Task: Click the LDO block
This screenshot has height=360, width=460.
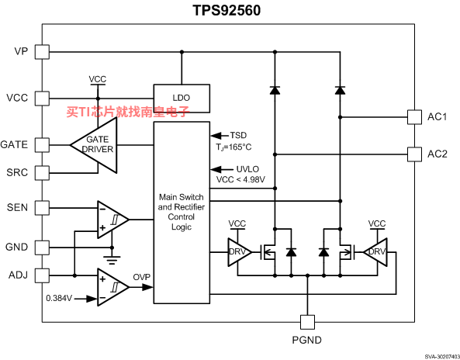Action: (x=182, y=99)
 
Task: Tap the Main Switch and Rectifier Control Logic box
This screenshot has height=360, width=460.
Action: (x=182, y=213)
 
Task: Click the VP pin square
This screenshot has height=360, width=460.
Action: (x=42, y=52)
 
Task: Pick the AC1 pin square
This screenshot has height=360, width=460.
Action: (x=414, y=117)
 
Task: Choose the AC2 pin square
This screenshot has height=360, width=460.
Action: (x=414, y=154)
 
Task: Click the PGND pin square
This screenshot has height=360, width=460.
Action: (x=307, y=322)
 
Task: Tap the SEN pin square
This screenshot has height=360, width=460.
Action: (x=42, y=208)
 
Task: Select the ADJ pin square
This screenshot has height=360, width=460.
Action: (x=42, y=275)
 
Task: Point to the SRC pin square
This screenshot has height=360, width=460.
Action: (x=42, y=173)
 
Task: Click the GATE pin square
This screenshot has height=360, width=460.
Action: (x=42, y=145)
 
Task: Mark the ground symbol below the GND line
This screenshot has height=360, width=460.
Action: (x=112, y=260)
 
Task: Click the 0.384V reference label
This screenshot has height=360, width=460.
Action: (x=59, y=298)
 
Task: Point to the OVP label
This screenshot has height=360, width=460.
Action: (x=142, y=277)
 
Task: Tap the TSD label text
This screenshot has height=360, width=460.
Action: (x=238, y=135)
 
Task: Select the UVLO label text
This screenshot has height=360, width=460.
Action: (x=247, y=169)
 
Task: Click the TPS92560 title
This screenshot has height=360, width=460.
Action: (x=227, y=10)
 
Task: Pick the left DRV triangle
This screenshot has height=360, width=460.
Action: (x=238, y=252)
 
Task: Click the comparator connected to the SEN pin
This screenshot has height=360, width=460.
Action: (x=112, y=220)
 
